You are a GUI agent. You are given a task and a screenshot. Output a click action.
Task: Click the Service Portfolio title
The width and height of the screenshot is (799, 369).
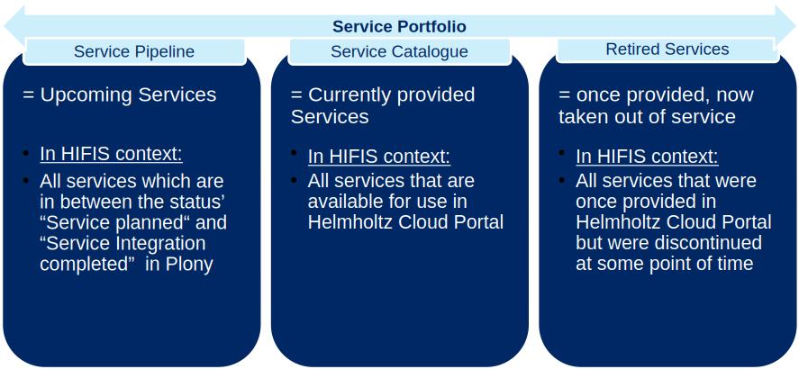(x=399, y=27)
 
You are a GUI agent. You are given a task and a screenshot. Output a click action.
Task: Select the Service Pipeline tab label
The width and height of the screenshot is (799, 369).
(x=134, y=51)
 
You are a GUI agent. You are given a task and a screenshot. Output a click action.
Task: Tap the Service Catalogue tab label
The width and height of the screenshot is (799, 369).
(x=399, y=51)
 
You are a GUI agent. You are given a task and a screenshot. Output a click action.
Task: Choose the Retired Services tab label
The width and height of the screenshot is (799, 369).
(x=667, y=49)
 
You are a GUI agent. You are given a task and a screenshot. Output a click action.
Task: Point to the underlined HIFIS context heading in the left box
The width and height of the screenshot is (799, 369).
(x=111, y=154)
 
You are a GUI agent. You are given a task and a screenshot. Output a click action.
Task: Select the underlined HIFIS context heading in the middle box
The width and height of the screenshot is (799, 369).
(x=378, y=156)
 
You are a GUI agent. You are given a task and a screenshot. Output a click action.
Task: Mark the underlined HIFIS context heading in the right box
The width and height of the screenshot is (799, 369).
(x=647, y=157)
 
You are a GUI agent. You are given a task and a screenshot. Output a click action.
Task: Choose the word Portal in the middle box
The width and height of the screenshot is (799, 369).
(x=477, y=222)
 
